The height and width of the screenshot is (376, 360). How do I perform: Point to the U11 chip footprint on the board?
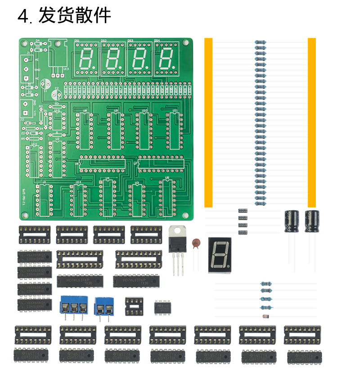coord(174,131)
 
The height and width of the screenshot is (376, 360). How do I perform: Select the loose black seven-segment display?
coord(219,254)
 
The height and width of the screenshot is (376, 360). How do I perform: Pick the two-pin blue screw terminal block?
coord(103,308)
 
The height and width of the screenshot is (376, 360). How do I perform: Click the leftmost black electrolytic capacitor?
coord(292,222)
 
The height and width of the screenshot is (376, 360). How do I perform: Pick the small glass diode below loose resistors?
coord(266,316)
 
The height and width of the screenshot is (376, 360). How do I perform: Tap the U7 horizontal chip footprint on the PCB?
coord(161,163)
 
